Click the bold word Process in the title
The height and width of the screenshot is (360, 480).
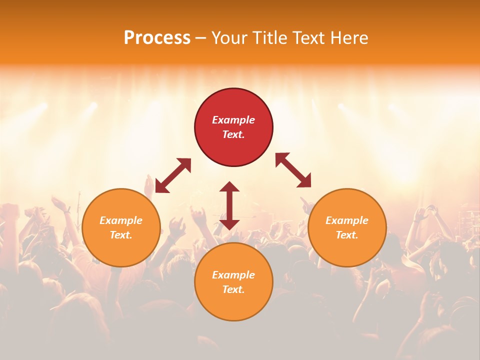pyautogui.click(x=157, y=38)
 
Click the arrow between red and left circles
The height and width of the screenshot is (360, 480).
pyautogui.click(x=173, y=175)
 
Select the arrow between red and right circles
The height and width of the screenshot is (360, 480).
pyautogui.click(x=293, y=170)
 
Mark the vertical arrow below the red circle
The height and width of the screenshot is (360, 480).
pyautogui.click(x=229, y=205)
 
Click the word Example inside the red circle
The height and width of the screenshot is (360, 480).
pyautogui.click(x=233, y=120)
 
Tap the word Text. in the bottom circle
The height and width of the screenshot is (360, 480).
pyautogui.click(x=233, y=289)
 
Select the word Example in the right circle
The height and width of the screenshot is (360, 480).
pyautogui.click(x=347, y=220)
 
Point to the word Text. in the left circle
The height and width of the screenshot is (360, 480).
pyautogui.click(x=121, y=235)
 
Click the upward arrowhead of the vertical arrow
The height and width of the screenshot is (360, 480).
pyautogui.click(x=229, y=187)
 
